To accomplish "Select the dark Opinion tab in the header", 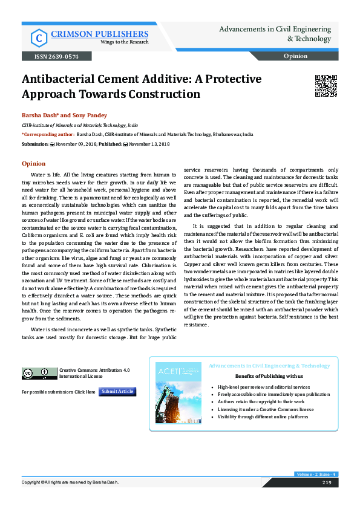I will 299,56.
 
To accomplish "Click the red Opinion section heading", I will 33,163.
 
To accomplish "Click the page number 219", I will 327,482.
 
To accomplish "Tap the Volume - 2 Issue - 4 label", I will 315,474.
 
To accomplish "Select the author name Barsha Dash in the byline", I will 39,115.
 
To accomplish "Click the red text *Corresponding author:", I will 48,134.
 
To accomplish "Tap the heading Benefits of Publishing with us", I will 269,375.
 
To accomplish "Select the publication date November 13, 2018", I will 149,144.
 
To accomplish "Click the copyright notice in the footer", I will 70,482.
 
